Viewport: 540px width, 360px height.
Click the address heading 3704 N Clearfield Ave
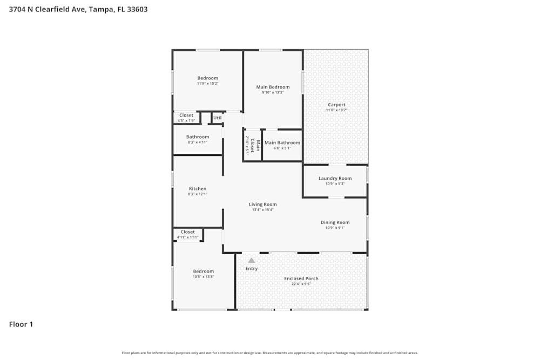(78, 9)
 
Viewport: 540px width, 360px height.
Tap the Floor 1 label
(21, 324)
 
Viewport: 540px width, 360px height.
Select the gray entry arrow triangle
(251, 260)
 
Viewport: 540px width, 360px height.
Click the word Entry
(252, 268)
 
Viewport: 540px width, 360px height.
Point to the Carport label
(336, 105)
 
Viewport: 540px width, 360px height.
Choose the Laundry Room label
(335, 178)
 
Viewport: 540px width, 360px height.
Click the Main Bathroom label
(282, 142)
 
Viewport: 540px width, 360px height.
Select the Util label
(217, 118)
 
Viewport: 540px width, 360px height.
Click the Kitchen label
(197, 188)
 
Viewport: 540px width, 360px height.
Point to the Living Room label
(262, 204)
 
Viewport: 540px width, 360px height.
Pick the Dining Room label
(335, 222)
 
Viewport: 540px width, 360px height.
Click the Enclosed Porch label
(301, 279)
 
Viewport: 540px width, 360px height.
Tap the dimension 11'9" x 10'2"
(207, 84)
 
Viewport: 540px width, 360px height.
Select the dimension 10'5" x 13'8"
(204, 277)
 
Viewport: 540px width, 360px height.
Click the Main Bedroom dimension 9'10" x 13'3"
(273, 92)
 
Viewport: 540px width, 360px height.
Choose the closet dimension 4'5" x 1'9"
(186, 120)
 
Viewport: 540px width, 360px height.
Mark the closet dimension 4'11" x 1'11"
(187, 237)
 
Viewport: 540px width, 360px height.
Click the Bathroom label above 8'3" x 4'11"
(198, 137)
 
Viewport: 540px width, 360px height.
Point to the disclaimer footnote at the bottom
(270, 353)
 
